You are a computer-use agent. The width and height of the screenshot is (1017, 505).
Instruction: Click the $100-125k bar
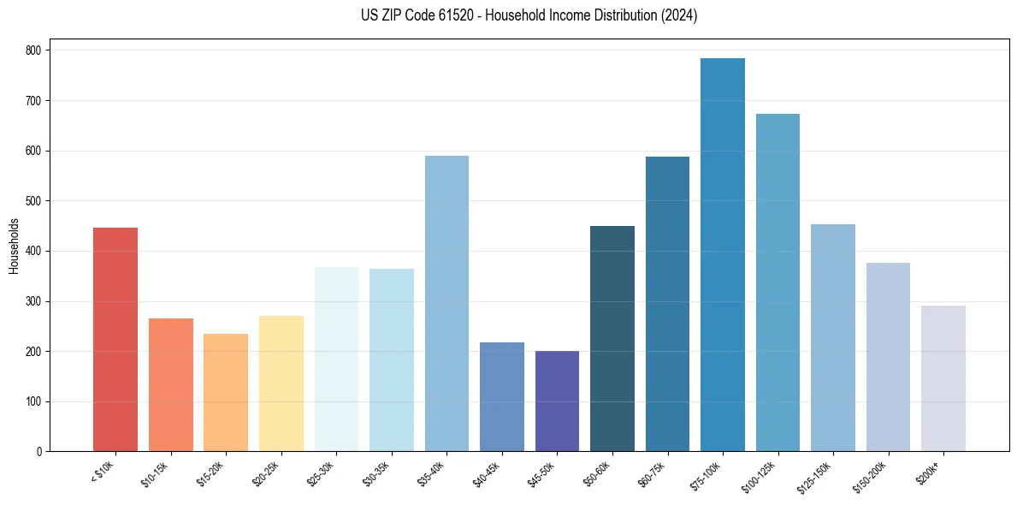(778, 282)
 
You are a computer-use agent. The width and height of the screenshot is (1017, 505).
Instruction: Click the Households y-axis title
(14, 246)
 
